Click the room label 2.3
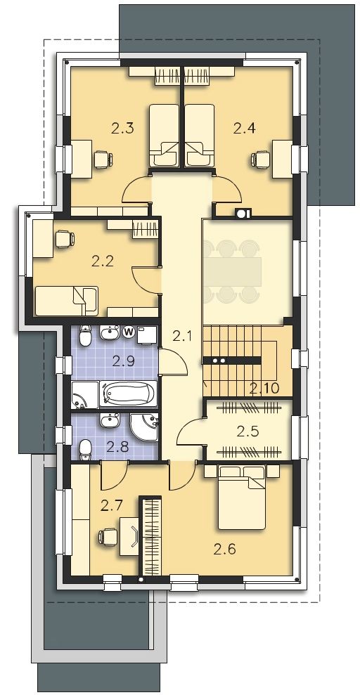point(122,129)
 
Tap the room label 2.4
point(245,129)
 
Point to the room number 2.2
point(103,261)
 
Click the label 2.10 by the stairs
point(264,389)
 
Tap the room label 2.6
point(225,550)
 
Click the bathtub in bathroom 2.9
point(129,394)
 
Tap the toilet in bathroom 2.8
point(85,449)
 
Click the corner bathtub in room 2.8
point(145,427)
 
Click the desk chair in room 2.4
point(261,159)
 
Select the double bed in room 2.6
point(242,498)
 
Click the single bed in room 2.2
point(67,301)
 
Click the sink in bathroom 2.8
point(109,420)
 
